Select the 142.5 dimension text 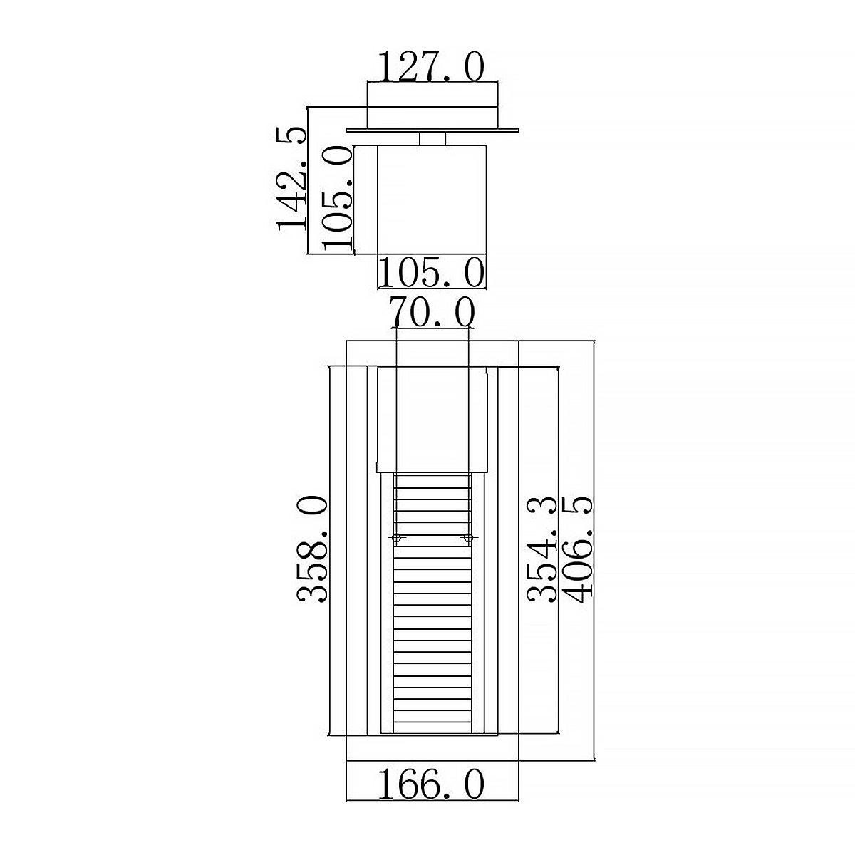[x=292, y=178]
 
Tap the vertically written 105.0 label [x=337, y=198]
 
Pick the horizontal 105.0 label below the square [x=431, y=272]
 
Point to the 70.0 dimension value [x=431, y=312]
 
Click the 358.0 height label [x=312, y=550]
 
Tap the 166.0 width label [x=431, y=785]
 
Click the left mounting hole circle [x=396, y=538]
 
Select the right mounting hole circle [x=467, y=538]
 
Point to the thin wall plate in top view [x=432, y=130]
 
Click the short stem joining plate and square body [x=432, y=138]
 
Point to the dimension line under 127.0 [x=432, y=83]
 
